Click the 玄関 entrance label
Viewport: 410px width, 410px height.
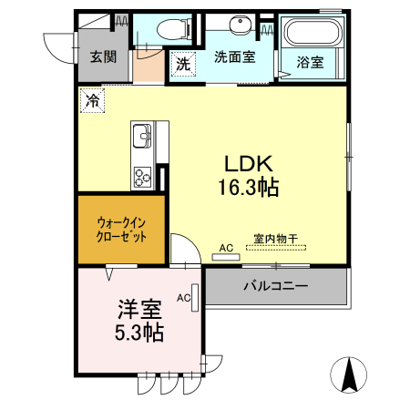102,56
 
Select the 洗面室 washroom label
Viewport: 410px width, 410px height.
234,56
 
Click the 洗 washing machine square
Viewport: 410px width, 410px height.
182,64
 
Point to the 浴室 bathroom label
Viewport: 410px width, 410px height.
310,63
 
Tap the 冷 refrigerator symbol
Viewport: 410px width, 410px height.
92,100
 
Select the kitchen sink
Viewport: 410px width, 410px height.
144,138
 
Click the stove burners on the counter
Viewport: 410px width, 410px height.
144,175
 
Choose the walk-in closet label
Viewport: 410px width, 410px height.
121,228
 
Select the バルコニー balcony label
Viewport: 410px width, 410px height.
275,286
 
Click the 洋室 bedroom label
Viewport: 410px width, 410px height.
139,309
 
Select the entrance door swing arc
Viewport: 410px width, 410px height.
55,46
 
